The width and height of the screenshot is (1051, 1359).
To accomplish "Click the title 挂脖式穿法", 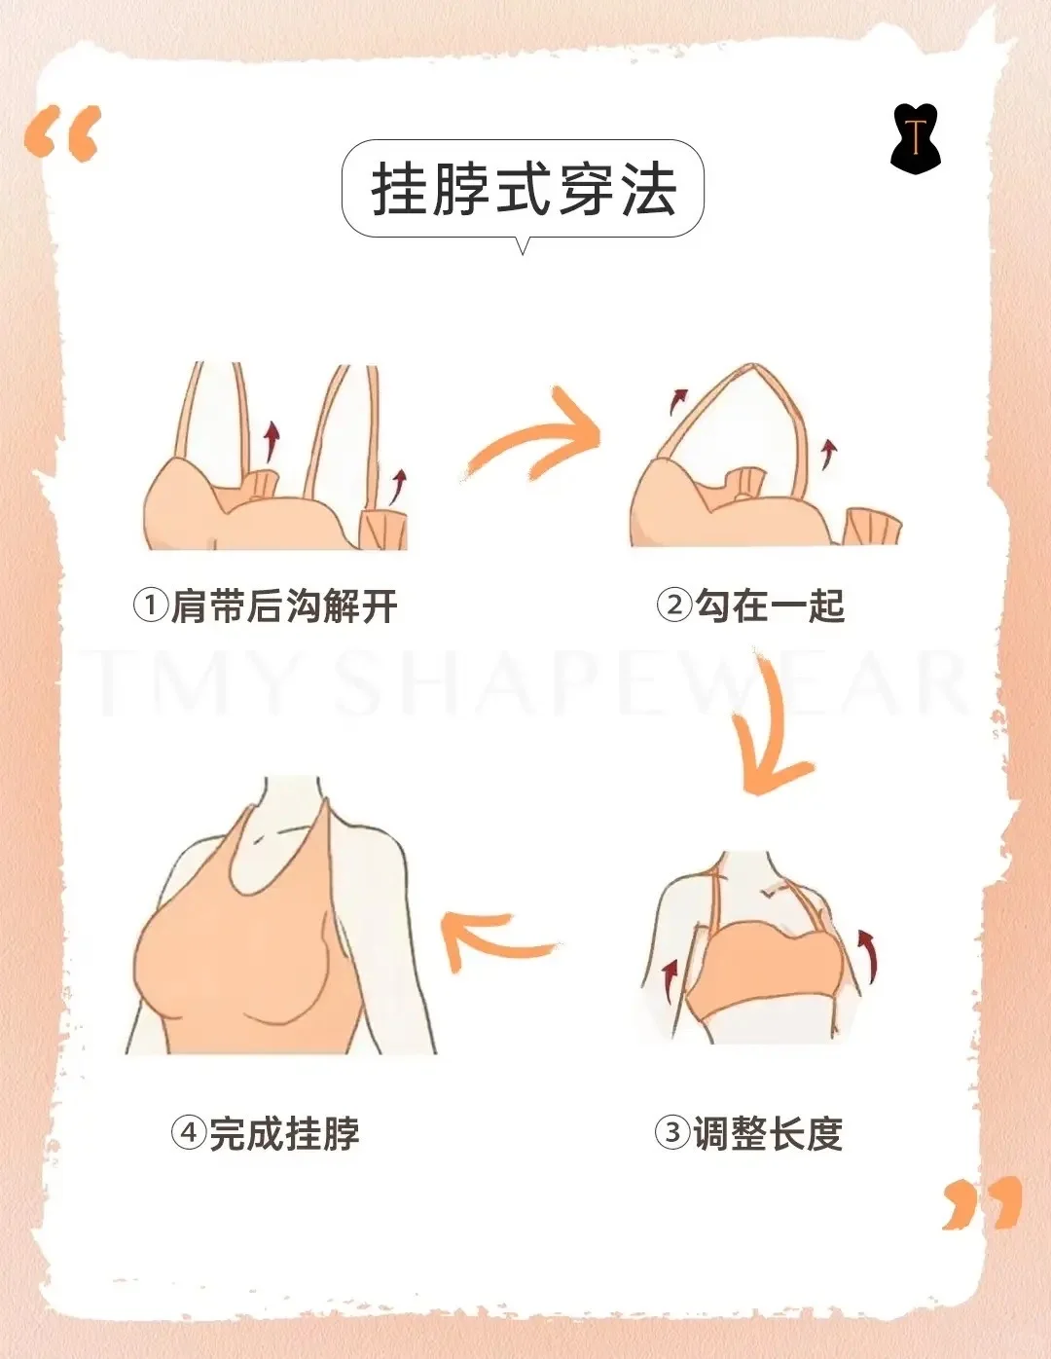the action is [524, 189].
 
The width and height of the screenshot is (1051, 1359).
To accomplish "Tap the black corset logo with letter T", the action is [916, 139].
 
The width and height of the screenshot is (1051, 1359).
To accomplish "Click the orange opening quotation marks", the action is [62, 133].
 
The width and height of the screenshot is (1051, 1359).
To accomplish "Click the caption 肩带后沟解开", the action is [284, 606].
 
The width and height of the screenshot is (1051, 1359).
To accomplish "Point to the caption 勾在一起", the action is [771, 606].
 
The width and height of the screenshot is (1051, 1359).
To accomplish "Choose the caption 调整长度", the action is [769, 1132].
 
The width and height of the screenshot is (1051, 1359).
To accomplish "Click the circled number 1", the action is [150, 606].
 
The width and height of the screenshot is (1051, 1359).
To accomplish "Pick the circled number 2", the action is [674, 606].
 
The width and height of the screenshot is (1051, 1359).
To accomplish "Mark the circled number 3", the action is [672, 1132].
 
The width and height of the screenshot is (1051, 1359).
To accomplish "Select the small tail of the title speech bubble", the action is [523, 245].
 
